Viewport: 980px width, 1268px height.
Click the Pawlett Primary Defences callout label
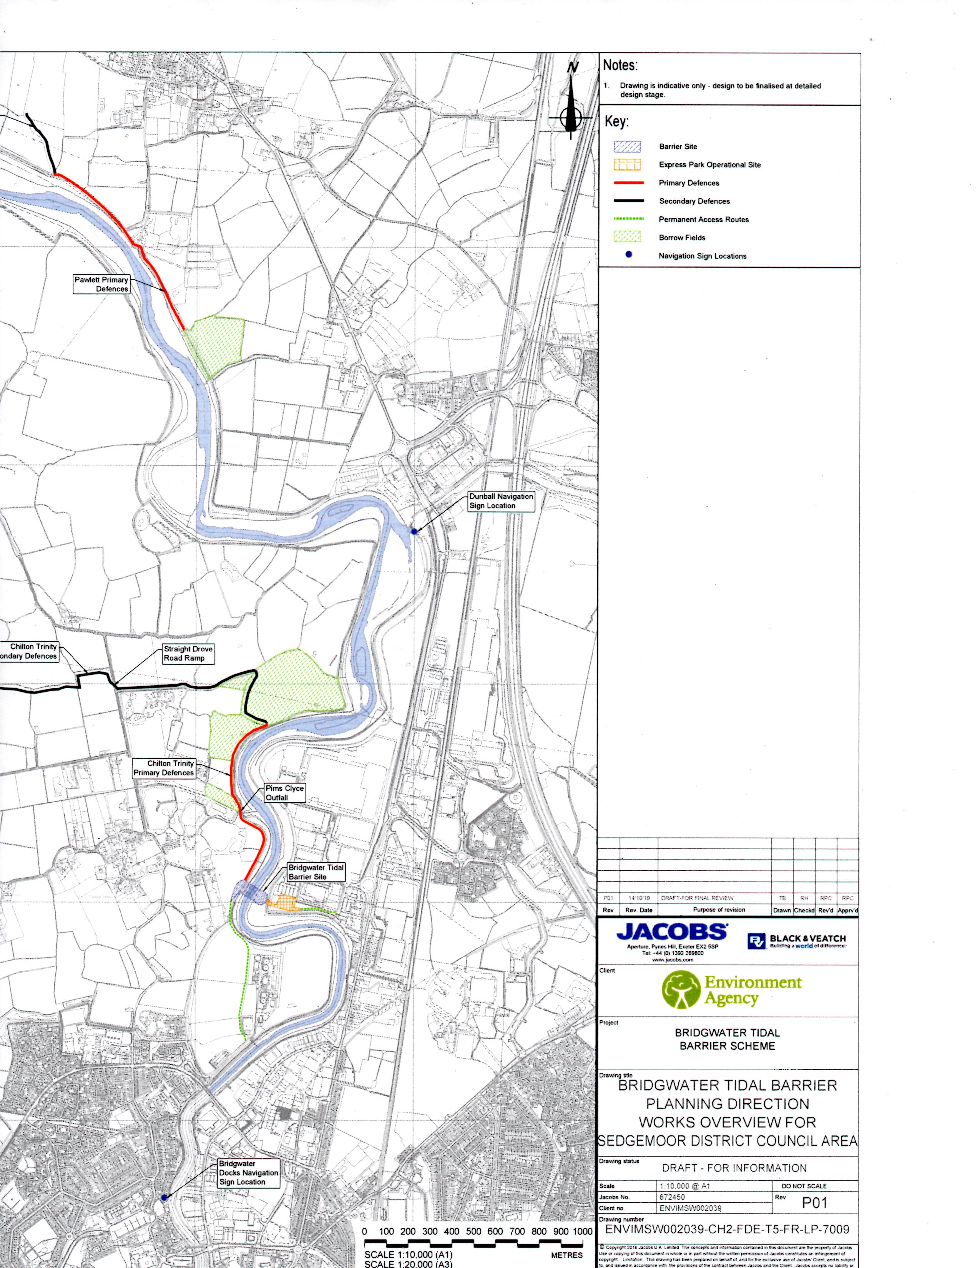(101, 284)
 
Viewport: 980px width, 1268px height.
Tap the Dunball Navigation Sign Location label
(500, 501)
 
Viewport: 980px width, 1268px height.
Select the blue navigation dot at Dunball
(414, 531)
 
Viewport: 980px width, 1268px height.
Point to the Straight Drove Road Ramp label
(188, 653)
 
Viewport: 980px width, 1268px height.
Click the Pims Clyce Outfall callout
(284, 792)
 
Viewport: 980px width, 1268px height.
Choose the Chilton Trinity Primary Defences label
(164, 768)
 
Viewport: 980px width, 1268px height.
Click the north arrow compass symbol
(572, 110)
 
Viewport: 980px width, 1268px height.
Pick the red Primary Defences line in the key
(628, 183)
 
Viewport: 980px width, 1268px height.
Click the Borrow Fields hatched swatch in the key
(628, 237)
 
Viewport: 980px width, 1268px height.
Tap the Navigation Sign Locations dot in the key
(628, 255)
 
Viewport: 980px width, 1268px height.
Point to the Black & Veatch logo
(797, 941)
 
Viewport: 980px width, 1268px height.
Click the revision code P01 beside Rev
(814, 1203)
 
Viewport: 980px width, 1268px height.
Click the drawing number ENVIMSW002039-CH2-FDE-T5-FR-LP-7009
(727, 1229)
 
